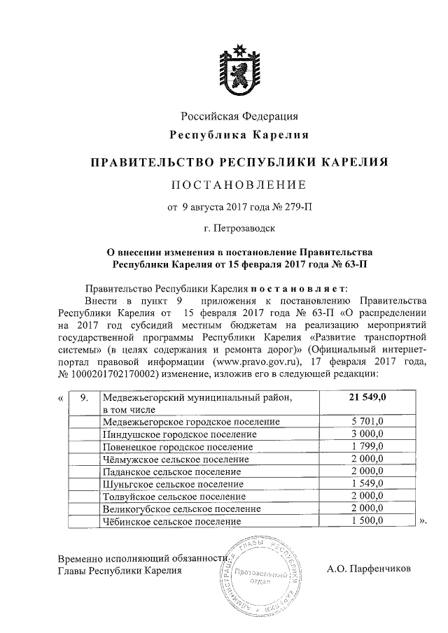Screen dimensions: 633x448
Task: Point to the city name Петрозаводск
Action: click(x=245, y=228)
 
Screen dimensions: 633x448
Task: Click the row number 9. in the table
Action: click(x=83, y=397)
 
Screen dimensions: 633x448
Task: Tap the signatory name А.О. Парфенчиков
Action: click(x=370, y=569)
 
